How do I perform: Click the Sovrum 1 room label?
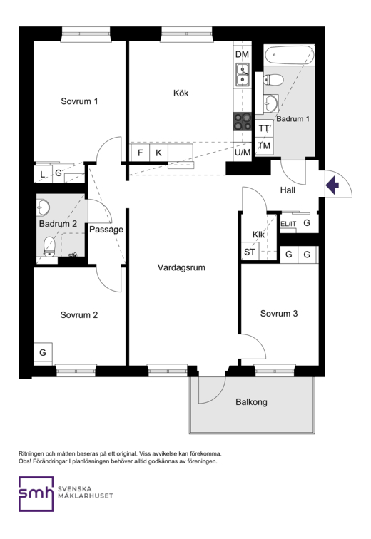tap(79, 101)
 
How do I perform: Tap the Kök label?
tap(181, 93)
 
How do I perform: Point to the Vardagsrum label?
tap(181, 267)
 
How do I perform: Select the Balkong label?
tap(251, 402)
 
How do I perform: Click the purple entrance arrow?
tap(332, 185)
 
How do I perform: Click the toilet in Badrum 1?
tap(274, 80)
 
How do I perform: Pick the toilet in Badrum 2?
tap(49, 247)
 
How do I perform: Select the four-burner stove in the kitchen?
tap(243, 122)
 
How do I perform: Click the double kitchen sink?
tap(243, 75)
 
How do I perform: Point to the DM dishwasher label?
tap(242, 54)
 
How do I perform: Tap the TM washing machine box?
tap(264, 145)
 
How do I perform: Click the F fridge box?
tap(141, 153)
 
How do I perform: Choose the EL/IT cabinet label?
tap(288, 224)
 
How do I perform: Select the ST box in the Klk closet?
tap(250, 252)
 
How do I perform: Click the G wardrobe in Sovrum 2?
tap(43, 352)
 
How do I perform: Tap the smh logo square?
tap(36, 494)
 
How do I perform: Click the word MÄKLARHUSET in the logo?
tap(86, 496)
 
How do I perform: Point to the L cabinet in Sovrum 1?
tap(43, 174)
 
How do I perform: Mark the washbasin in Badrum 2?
tap(44, 207)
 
